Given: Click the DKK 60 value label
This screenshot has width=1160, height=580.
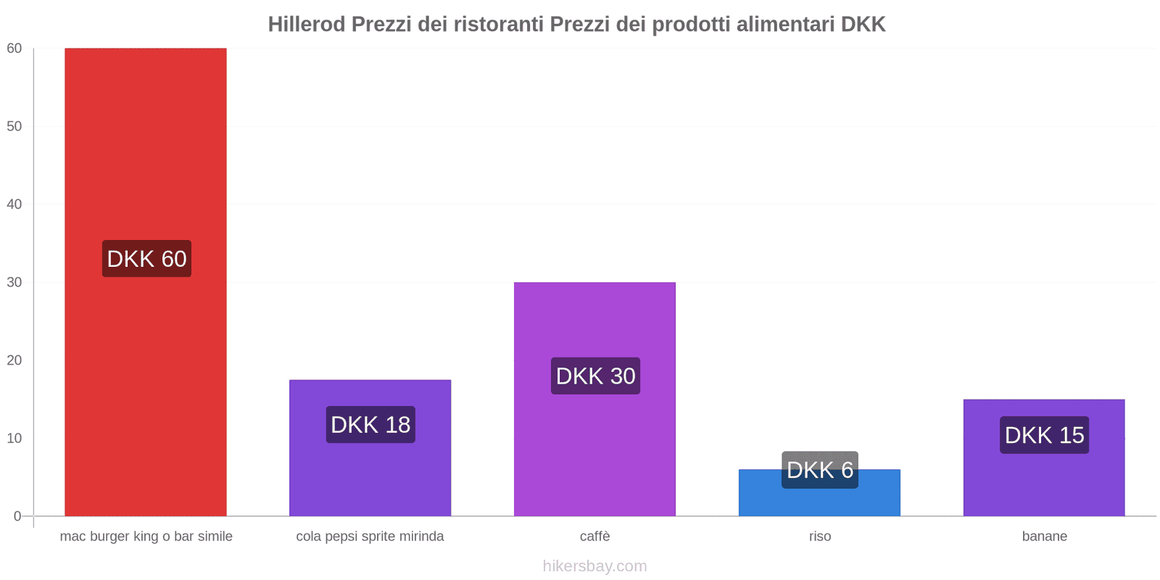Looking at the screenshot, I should tap(146, 259).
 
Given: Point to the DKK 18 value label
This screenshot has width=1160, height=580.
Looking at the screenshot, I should tap(370, 425).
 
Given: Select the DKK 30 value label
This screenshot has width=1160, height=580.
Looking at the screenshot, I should tap(595, 376).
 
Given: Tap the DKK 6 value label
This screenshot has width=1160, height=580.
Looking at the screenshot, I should tap(820, 470).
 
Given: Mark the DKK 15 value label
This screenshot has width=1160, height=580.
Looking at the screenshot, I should tap(1044, 435).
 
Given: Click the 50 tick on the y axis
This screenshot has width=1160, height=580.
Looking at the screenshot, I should tap(14, 126).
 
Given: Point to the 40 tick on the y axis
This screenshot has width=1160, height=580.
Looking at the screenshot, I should tap(14, 204).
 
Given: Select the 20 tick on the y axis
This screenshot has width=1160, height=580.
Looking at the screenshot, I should tap(14, 360).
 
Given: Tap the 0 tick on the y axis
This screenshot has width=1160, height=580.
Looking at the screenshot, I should tap(17, 516).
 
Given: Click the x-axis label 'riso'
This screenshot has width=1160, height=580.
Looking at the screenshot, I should tap(820, 536).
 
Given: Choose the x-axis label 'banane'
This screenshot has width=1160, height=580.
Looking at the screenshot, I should tap(1044, 536).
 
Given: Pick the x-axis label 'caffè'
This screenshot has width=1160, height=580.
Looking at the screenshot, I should tap(594, 536).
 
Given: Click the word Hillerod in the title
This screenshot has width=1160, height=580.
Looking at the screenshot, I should tap(307, 25).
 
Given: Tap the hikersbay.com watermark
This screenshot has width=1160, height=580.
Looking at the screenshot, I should tap(594, 566).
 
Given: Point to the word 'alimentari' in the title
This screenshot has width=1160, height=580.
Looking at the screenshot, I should tap(785, 25).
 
